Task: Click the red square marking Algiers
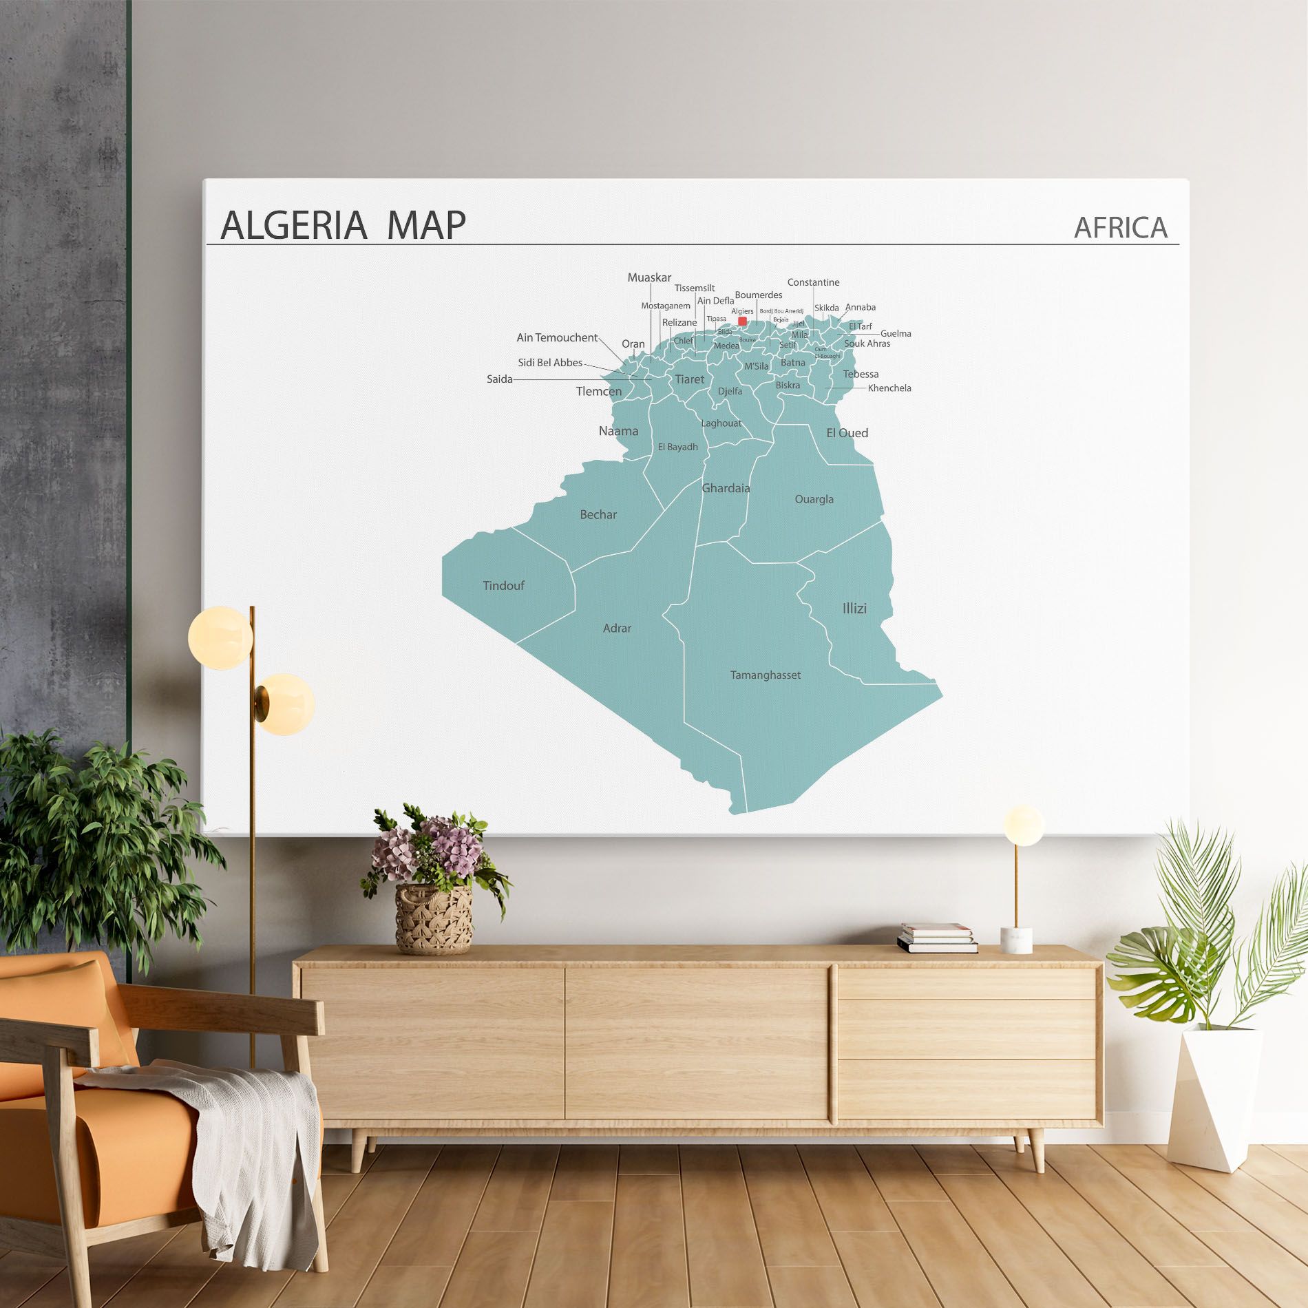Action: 742,321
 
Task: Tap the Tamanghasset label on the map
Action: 766,675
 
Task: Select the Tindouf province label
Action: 503,586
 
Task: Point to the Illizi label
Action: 854,609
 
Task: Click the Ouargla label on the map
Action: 814,499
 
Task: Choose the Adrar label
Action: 617,628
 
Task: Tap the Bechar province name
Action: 598,514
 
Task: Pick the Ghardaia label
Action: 726,488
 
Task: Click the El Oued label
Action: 847,433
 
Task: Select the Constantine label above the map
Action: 813,282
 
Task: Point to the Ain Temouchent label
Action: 557,337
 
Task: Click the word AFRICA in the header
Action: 1120,227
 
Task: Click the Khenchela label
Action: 889,388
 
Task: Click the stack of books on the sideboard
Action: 936,938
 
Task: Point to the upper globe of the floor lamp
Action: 220,637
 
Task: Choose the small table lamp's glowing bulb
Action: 1023,825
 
